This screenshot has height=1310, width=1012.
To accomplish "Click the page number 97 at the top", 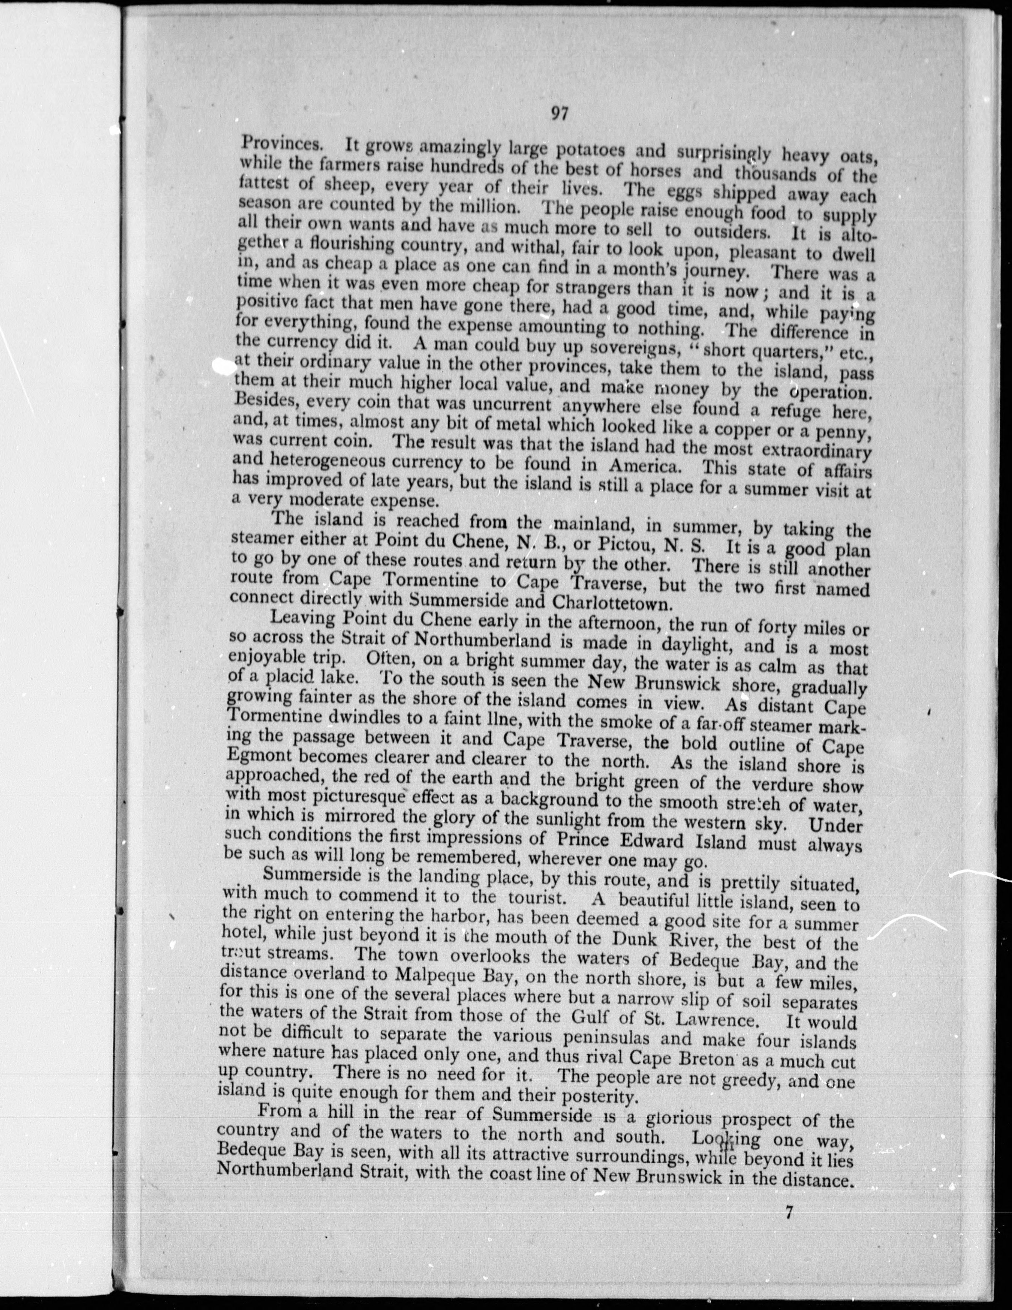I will [558, 115].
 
